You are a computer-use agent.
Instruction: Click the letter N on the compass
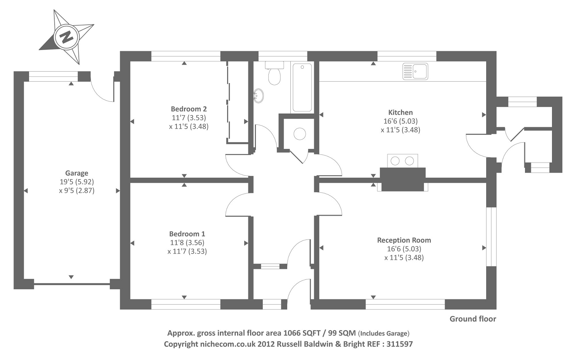click(x=66, y=37)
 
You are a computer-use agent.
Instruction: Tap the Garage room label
click(x=77, y=173)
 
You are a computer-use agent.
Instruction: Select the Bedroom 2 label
click(x=189, y=109)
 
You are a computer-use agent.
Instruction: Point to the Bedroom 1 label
click(x=187, y=234)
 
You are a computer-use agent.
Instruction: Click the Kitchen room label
click(x=400, y=112)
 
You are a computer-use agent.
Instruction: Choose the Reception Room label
click(x=404, y=240)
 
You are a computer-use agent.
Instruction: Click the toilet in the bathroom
click(x=275, y=73)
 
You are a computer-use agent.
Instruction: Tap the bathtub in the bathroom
click(x=302, y=87)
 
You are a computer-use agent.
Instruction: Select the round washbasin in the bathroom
click(x=258, y=96)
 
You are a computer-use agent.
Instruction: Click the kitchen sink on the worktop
click(x=415, y=71)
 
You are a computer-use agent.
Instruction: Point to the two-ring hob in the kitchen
click(x=402, y=161)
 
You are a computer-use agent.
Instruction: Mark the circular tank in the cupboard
click(x=300, y=134)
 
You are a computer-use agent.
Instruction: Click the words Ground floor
click(x=473, y=319)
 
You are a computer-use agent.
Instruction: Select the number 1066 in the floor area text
click(x=291, y=333)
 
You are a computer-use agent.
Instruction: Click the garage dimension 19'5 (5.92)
click(x=77, y=182)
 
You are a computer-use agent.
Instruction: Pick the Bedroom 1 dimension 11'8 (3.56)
click(x=187, y=242)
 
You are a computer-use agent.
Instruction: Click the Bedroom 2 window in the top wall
click(x=186, y=56)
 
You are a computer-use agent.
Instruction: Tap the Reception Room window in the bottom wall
click(x=405, y=305)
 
